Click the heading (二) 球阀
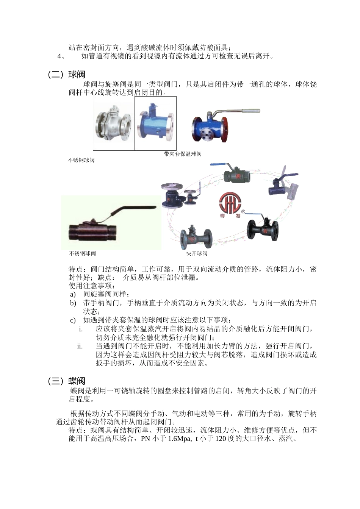click(x=67, y=75)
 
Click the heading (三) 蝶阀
click(x=67, y=381)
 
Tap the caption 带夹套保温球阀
click(x=183, y=154)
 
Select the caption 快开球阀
click(x=197, y=253)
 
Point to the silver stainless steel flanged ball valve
click(x=113, y=123)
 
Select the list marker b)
click(x=73, y=303)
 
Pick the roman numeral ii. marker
click(x=80, y=346)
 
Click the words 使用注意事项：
click(x=91, y=286)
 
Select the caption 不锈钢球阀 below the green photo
click(x=82, y=253)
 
